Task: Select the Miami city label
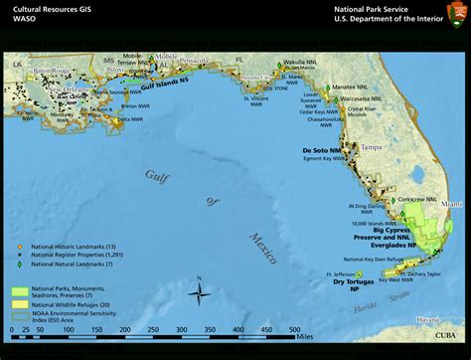[452, 203]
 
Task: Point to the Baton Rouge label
[53, 71]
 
